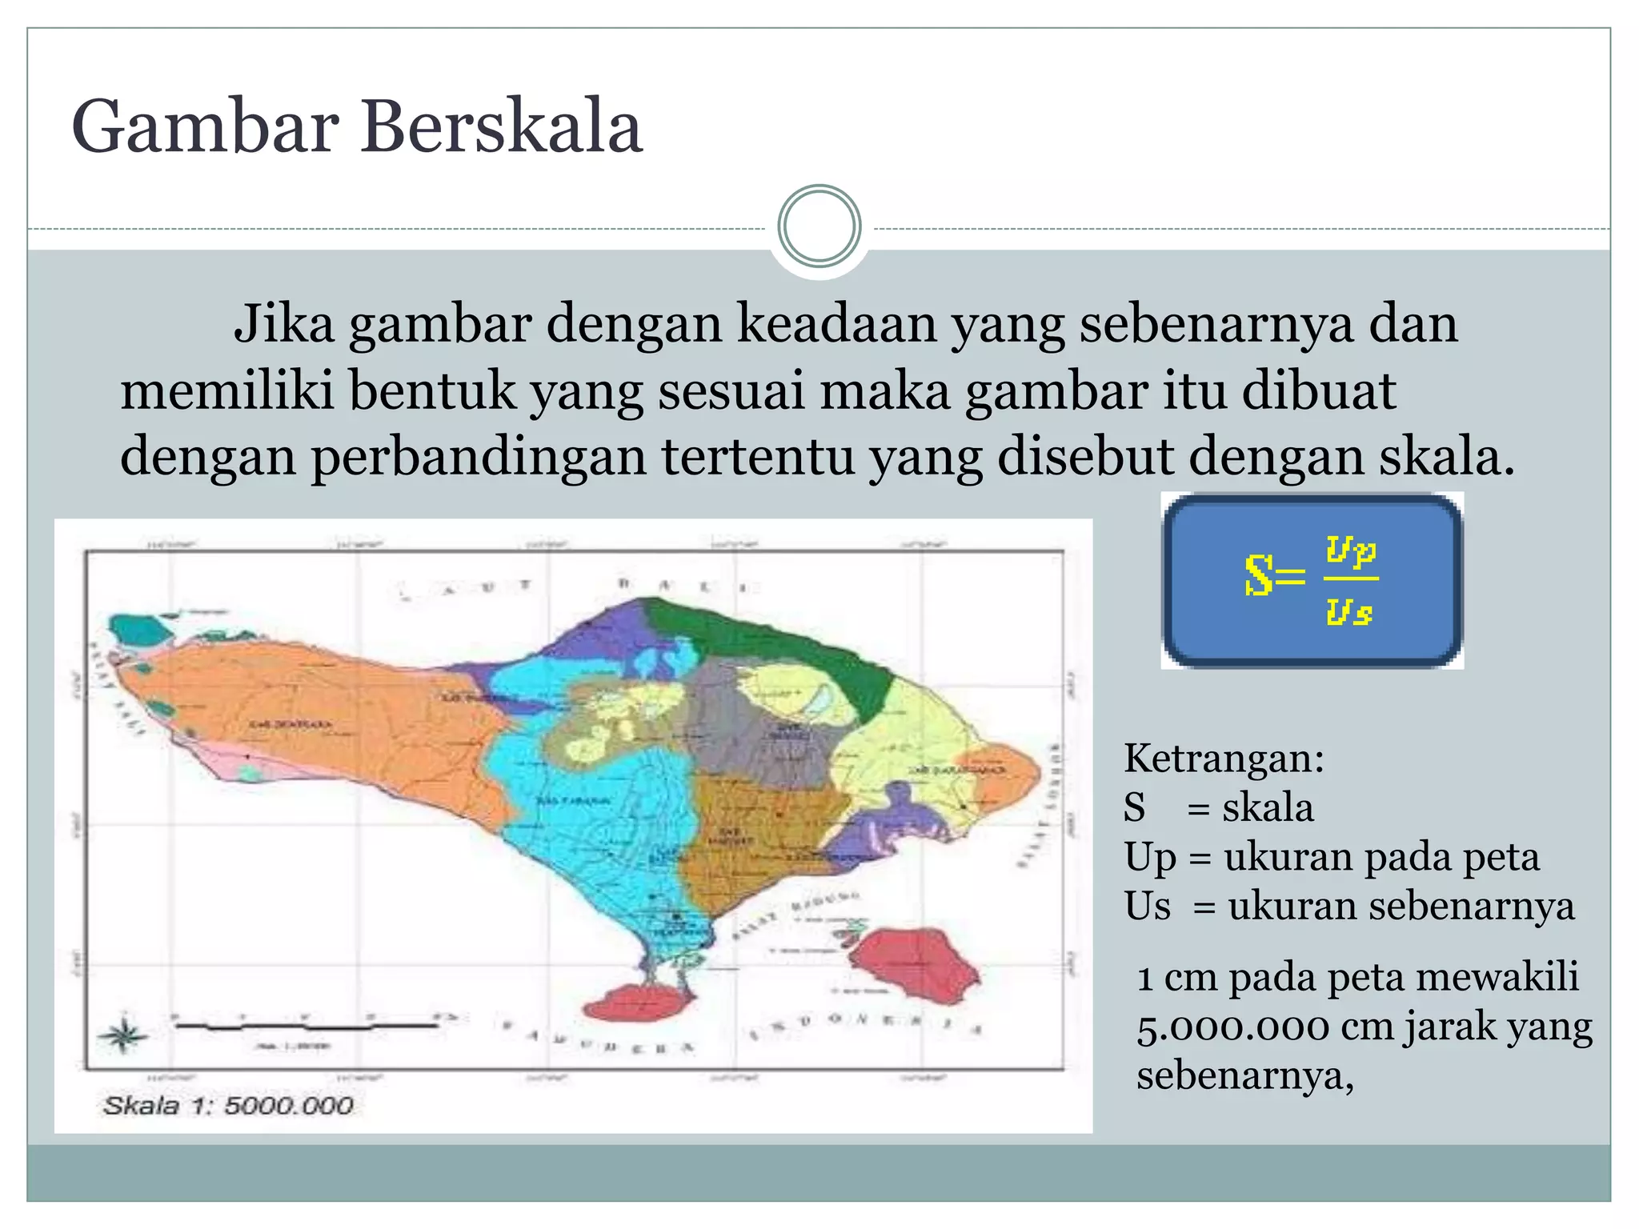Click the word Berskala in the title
[502, 127]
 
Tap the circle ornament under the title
[819, 226]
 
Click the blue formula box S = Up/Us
[1312, 581]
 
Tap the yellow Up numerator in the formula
[1351, 551]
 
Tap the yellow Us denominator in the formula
[1349, 612]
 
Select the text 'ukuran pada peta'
[1381, 857]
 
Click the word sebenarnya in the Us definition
[1401, 907]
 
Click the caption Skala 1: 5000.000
[228, 1106]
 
